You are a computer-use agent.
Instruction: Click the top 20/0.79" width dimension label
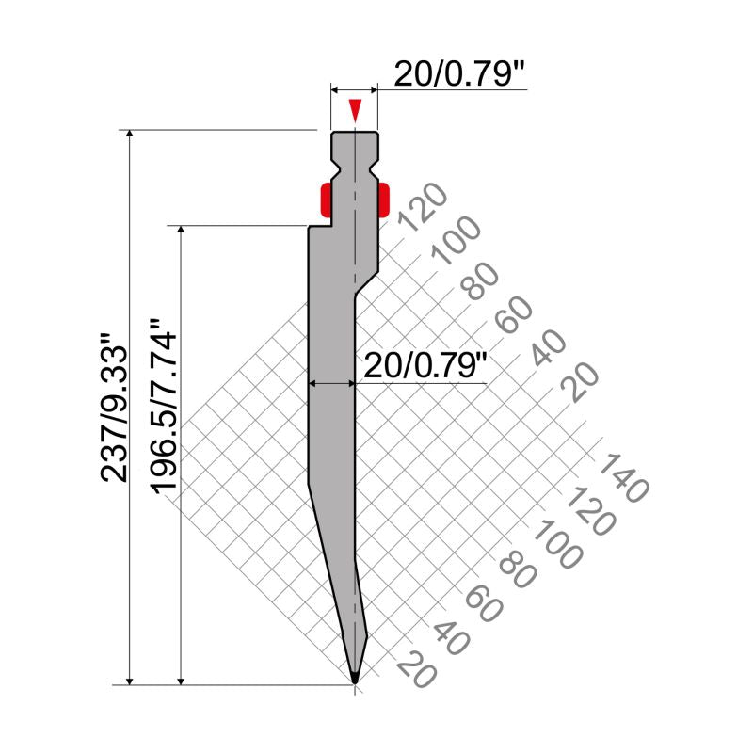click(x=457, y=74)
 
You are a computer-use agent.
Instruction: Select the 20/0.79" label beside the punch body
click(x=425, y=366)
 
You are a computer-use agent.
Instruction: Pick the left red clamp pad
click(x=326, y=200)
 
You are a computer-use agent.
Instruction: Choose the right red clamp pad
click(x=383, y=200)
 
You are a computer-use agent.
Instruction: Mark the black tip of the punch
click(x=355, y=677)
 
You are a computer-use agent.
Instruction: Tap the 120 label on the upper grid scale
click(x=423, y=206)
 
